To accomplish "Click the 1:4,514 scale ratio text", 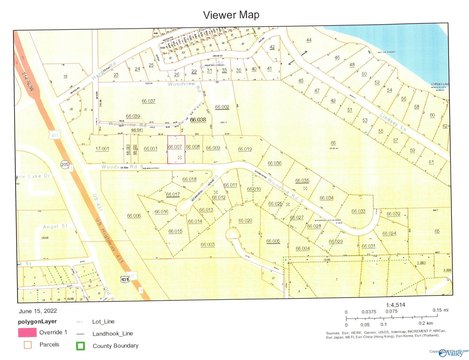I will click(381, 302).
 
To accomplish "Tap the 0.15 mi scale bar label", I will click(440, 312).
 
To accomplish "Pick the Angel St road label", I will click(28, 226).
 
